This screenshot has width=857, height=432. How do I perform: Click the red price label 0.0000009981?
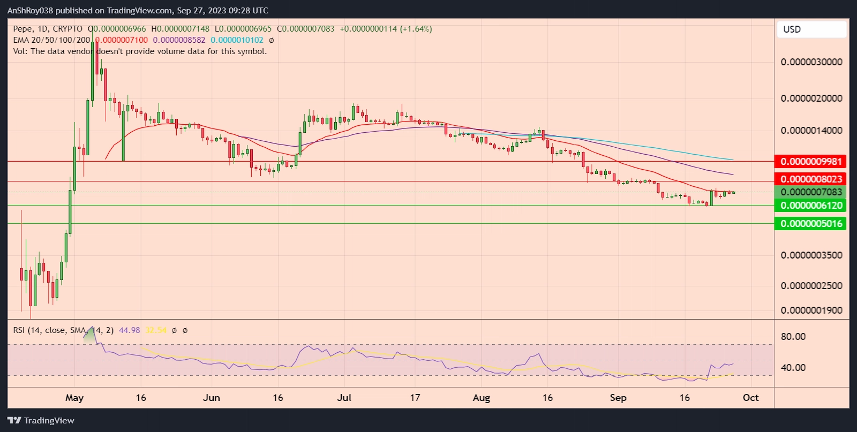point(811,161)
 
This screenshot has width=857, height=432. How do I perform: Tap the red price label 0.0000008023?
point(811,179)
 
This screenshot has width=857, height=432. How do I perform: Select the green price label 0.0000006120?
point(811,206)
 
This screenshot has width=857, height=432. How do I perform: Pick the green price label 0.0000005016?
point(811,223)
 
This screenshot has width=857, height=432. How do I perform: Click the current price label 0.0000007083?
point(811,192)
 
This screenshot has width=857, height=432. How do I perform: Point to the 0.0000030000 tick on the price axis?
point(811,62)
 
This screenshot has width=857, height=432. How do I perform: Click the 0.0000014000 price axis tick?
point(811,130)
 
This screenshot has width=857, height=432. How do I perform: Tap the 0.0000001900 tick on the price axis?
point(811,310)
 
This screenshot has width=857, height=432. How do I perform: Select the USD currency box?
point(811,29)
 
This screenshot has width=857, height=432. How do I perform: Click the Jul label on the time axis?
point(344,398)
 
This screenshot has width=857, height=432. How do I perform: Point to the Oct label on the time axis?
point(750,398)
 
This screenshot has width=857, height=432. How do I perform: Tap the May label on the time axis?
point(74,398)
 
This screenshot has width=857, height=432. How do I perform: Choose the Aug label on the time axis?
point(481,398)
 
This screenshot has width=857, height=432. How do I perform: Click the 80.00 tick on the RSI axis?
point(793,337)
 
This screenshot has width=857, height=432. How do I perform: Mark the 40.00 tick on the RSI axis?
point(793,367)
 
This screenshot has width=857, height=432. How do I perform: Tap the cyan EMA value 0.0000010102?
point(237,40)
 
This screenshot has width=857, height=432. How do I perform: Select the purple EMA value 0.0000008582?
point(179,40)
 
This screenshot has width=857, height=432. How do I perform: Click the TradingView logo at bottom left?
point(41,420)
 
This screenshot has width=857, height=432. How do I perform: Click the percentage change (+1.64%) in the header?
point(416,29)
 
